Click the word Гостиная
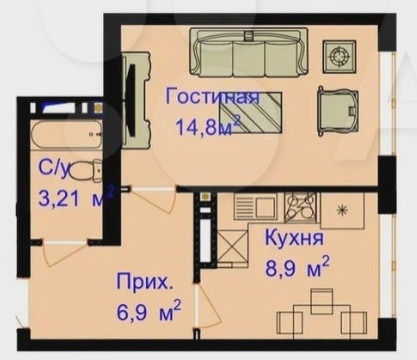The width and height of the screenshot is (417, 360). click(x=212, y=98)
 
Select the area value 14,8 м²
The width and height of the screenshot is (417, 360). click(x=206, y=127)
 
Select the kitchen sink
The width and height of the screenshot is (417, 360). click(x=256, y=208)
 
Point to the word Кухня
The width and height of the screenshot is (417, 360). click(x=293, y=240)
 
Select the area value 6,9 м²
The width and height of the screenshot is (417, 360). click(x=148, y=310)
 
